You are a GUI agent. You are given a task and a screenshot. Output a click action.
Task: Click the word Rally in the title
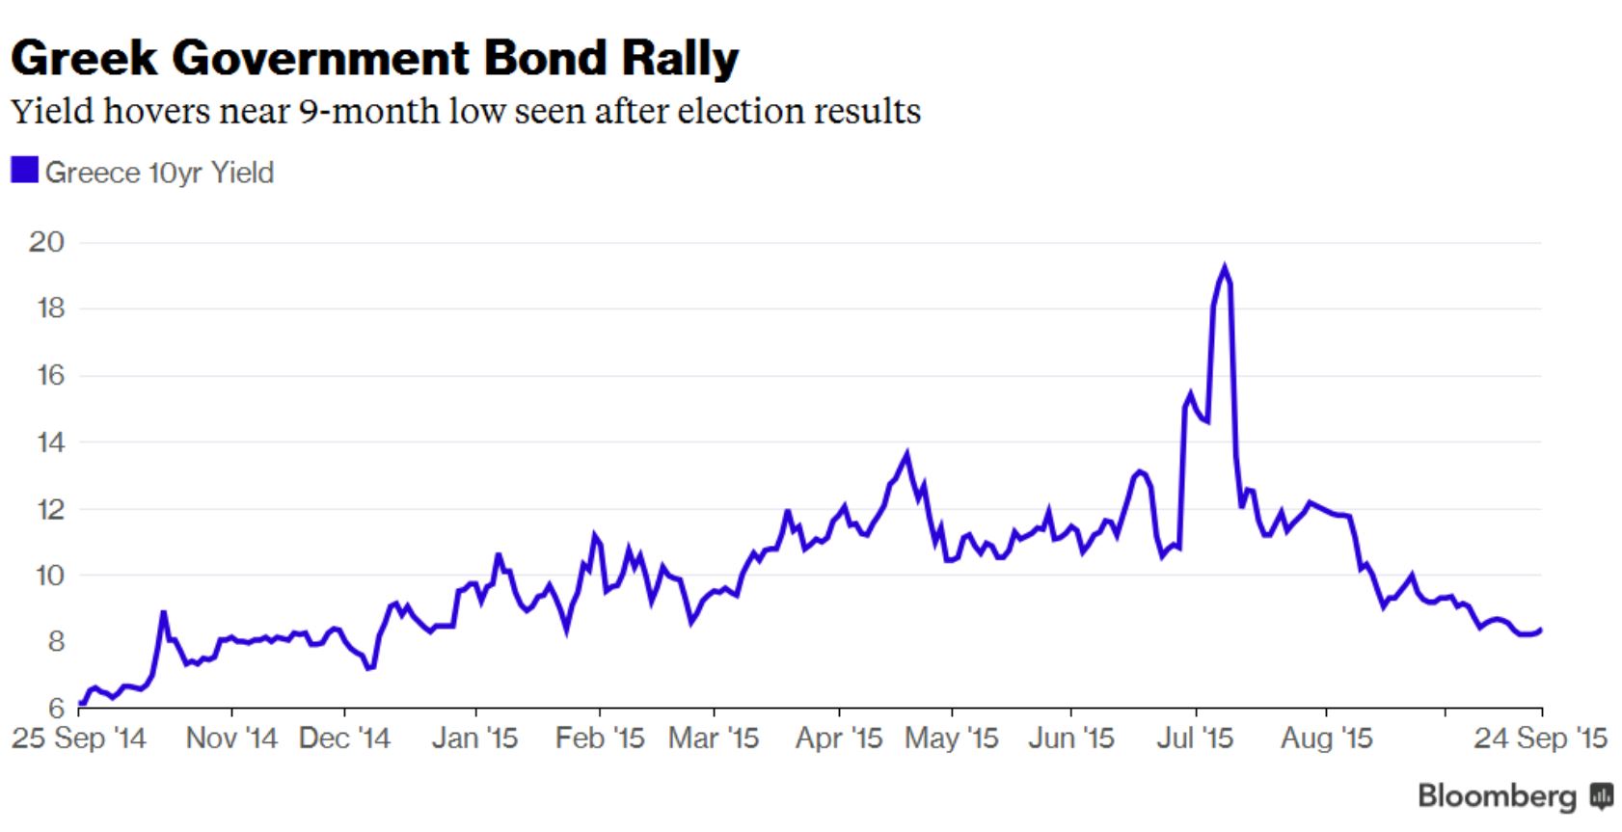click(680, 58)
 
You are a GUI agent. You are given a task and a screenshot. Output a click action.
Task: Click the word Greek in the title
click(84, 58)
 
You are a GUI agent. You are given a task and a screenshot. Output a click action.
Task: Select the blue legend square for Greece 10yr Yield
click(24, 171)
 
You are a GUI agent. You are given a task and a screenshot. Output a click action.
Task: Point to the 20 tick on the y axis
click(46, 242)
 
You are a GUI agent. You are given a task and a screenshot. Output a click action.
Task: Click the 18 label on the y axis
click(46, 309)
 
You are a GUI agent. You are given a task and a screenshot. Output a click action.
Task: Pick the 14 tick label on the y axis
click(46, 443)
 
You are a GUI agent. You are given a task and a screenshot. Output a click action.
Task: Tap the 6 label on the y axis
click(56, 709)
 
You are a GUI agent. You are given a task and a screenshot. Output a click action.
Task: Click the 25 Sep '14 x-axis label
click(78, 738)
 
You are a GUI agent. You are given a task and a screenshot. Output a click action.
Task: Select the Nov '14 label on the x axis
click(231, 738)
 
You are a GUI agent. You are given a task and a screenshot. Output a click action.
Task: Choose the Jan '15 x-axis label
click(474, 738)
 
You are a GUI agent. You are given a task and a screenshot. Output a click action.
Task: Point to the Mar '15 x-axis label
click(714, 738)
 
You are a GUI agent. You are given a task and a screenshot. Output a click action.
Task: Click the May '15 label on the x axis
click(952, 738)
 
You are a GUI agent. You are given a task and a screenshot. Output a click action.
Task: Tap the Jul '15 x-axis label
click(1195, 738)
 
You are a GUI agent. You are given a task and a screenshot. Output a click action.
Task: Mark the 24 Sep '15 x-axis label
click(1540, 738)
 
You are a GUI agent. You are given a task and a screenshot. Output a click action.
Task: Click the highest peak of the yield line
click(1225, 269)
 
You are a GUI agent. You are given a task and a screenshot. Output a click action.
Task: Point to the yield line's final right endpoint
click(1540, 630)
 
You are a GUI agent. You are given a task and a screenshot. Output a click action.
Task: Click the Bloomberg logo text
click(1497, 795)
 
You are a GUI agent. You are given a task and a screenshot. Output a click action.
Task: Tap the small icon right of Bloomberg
click(1602, 795)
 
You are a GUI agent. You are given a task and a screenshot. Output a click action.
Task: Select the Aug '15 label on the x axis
click(1326, 738)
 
